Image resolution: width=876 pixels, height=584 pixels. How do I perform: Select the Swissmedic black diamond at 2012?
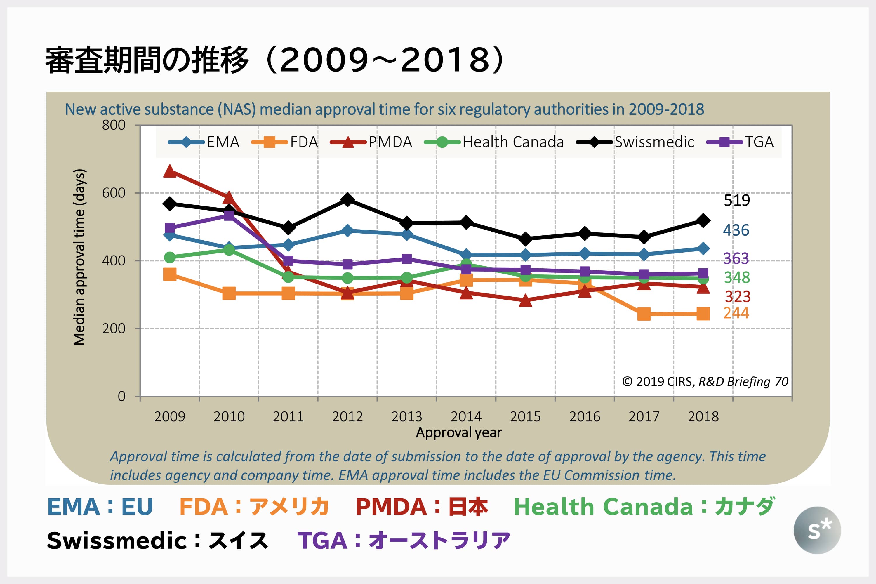point(347,200)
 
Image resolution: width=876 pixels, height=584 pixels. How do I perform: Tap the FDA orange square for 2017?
point(644,314)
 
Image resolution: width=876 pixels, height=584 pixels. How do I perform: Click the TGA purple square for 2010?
point(229,215)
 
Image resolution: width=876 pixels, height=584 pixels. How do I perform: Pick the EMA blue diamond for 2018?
point(703,248)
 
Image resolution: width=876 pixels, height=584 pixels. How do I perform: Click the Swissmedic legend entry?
point(635,142)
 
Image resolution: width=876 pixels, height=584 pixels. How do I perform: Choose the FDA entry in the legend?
point(285,142)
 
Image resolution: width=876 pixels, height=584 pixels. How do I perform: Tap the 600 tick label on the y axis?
point(114,193)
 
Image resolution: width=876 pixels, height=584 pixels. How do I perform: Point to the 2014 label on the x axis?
point(466,416)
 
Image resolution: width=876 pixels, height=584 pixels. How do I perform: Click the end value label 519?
point(737,200)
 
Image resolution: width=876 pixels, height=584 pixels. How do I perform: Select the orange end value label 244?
point(736,313)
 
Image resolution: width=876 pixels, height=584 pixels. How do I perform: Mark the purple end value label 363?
point(736,258)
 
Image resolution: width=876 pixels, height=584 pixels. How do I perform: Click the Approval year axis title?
point(459,432)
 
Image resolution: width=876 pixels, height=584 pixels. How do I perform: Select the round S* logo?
point(817,530)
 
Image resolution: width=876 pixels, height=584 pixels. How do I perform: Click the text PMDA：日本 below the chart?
point(422,507)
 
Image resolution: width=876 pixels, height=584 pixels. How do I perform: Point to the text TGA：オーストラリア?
point(404,540)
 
